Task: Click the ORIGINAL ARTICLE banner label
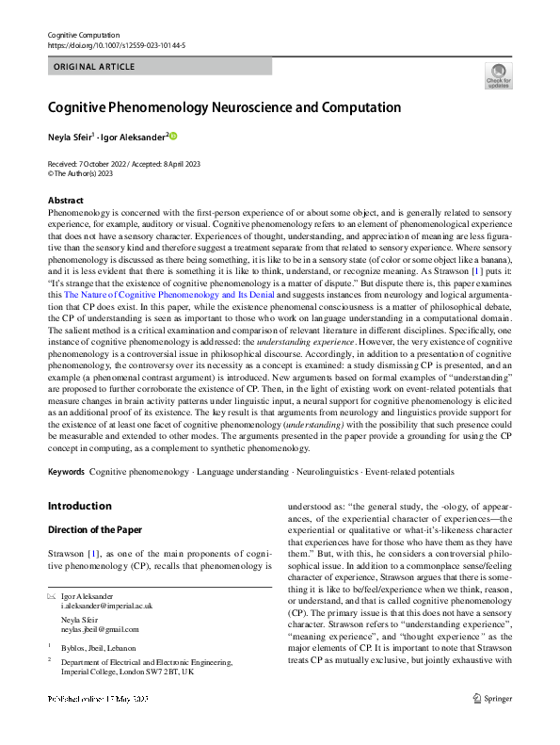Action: [x=94, y=67]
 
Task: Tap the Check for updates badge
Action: [x=499, y=74]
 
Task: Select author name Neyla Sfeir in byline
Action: [x=72, y=137]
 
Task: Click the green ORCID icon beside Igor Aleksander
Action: [x=173, y=137]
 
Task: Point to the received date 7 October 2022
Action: [x=105, y=164]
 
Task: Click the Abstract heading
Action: [x=66, y=201]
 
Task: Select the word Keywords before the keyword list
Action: [x=66, y=471]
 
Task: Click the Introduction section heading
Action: [x=79, y=506]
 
